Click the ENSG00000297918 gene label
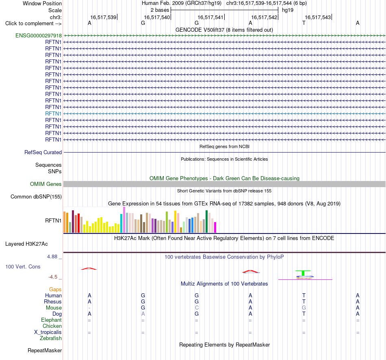click(x=39, y=35)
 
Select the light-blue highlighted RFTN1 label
click(x=53, y=113)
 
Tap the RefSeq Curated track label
click(x=43, y=152)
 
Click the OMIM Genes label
click(x=46, y=184)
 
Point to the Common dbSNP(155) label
click(x=36, y=196)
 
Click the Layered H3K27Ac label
click(x=26, y=244)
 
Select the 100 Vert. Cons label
click(x=23, y=266)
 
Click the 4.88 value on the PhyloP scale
click(x=52, y=257)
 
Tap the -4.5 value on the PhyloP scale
click(x=53, y=277)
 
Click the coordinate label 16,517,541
click(x=210, y=17)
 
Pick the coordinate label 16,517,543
click(x=318, y=17)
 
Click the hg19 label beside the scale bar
click(x=288, y=10)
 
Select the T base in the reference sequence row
click(x=304, y=23)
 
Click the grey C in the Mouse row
click(x=197, y=308)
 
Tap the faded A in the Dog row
click(x=143, y=314)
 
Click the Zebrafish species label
click(x=51, y=338)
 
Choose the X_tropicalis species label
click(x=48, y=332)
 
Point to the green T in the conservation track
click(x=303, y=273)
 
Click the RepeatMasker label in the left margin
click(x=45, y=350)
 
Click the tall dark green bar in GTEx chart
click(x=206, y=222)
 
